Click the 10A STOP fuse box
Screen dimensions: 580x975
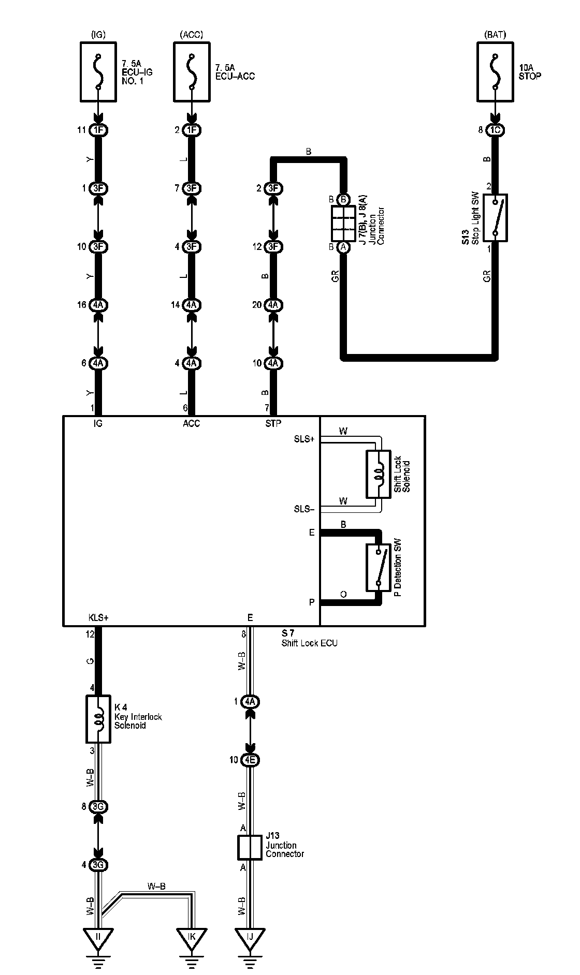495,72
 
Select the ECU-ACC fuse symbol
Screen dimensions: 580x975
192,72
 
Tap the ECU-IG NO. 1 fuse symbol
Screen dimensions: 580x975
98,72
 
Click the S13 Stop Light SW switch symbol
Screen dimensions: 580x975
495,217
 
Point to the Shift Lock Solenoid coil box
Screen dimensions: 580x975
379,474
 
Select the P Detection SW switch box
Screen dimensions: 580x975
379,567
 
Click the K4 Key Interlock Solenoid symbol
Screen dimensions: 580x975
98,719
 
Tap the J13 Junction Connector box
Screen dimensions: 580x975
250,847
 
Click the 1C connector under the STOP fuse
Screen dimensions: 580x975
495,130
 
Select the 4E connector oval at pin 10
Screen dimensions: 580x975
250,760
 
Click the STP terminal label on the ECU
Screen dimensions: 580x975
273,423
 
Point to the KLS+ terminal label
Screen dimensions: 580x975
98,617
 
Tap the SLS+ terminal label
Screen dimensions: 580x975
304,439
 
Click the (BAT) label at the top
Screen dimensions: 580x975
495,35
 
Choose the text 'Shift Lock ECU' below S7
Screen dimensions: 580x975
310,643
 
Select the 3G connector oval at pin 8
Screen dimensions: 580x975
98,806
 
